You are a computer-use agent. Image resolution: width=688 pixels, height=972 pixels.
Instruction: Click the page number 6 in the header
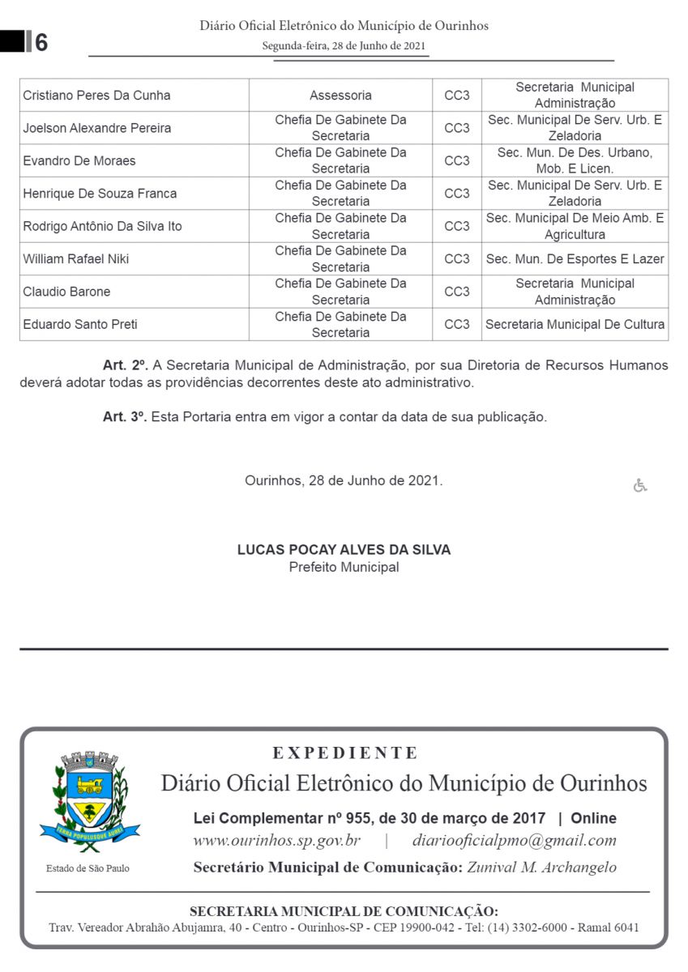tap(41, 42)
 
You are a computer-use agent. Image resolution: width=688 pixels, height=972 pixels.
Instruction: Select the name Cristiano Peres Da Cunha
tap(96, 96)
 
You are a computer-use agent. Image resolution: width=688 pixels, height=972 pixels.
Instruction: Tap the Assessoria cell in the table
tap(340, 96)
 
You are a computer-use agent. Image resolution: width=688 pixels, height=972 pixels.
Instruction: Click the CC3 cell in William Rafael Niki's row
tap(457, 259)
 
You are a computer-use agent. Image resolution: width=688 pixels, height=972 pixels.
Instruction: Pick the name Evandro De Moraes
tap(79, 161)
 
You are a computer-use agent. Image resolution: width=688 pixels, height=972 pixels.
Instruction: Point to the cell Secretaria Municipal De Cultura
tap(575, 325)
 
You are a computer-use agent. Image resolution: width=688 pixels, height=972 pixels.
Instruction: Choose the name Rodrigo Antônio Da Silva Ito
tap(102, 227)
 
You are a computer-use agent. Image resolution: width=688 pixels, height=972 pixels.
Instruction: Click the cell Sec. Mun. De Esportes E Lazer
tap(575, 259)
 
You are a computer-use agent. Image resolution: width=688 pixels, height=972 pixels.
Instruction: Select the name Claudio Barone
tap(66, 292)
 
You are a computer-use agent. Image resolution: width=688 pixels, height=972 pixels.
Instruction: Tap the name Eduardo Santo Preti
tap(80, 325)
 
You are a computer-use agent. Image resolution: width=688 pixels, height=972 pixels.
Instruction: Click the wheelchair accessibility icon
tap(640, 485)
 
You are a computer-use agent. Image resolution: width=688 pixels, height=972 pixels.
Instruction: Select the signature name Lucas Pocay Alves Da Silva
tap(344, 550)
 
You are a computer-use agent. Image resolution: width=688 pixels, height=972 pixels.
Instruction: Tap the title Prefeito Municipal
tap(344, 567)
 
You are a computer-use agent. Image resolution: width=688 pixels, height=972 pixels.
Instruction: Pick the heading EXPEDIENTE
tap(345, 753)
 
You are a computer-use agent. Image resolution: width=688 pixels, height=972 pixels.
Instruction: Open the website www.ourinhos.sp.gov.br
tap(276, 841)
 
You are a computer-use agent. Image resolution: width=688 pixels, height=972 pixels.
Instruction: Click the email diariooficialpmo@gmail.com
tap(514, 841)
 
